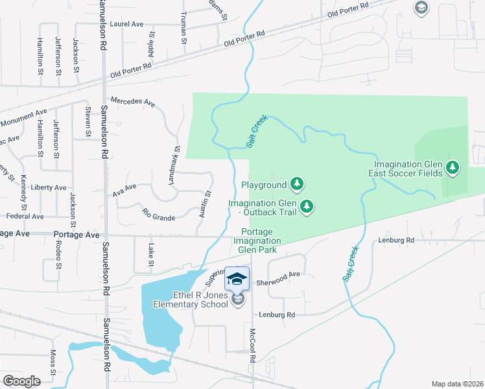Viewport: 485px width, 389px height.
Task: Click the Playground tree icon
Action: pyautogui.click(x=296, y=184)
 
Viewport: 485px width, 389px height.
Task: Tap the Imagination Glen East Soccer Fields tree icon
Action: pyautogui.click(x=453, y=169)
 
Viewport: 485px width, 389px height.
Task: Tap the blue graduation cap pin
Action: pyautogui.click(x=237, y=279)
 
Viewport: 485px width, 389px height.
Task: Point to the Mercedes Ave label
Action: pyautogui.click(x=133, y=102)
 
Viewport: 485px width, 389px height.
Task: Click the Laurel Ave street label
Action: pyautogui.click(x=126, y=24)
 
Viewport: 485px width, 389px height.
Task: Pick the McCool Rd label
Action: pyautogui.click(x=252, y=345)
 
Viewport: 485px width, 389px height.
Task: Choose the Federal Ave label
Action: pyautogui.click(x=25, y=216)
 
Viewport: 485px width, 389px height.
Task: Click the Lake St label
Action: pyautogui.click(x=150, y=254)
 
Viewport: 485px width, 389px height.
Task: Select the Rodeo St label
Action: pyautogui.click(x=58, y=255)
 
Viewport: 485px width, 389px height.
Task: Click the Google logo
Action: pyautogui.click(x=21, y=381)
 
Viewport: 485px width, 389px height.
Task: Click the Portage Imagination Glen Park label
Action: pyautogui.click(x=259, y=241)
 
